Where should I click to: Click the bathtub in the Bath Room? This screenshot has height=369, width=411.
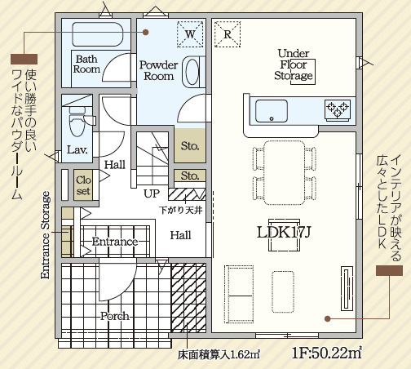click(x=96, y=34)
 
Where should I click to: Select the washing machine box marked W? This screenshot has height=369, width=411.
click(x=190, y=34)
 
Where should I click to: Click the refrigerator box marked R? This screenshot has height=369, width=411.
click(x=227, y=34)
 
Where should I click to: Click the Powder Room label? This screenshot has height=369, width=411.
click(x=159, y=70)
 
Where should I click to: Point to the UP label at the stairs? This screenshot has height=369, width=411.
click(x=152, y=194)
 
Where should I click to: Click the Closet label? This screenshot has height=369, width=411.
click(x=82, y=185)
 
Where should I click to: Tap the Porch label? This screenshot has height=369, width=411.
click(x=114, y=315)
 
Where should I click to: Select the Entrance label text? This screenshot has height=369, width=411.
click(x=113, y=242)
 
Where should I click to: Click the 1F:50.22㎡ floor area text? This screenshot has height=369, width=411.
click(x=326, y=353)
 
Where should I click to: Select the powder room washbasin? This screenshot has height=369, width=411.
click(x=192, y=72)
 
